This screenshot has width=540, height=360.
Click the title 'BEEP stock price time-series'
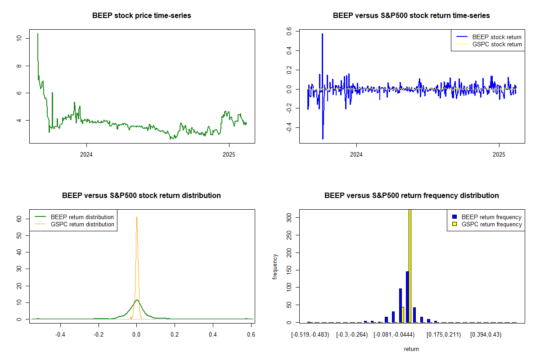(x=142, y=16)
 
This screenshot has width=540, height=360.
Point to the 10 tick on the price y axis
(x=18, y=38)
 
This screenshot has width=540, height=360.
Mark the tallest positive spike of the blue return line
(x=322, y=34)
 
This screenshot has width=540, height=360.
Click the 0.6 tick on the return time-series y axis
(x=288, y=31)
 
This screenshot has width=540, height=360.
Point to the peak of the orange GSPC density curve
(x=137, y=217)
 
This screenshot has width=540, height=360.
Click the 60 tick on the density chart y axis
(x=18, y=219)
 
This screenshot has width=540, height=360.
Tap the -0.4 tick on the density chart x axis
(x=60, y=335)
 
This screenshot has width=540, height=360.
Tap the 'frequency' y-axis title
(x=275, y=266)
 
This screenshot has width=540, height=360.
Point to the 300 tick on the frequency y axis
(x=288, y=217)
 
